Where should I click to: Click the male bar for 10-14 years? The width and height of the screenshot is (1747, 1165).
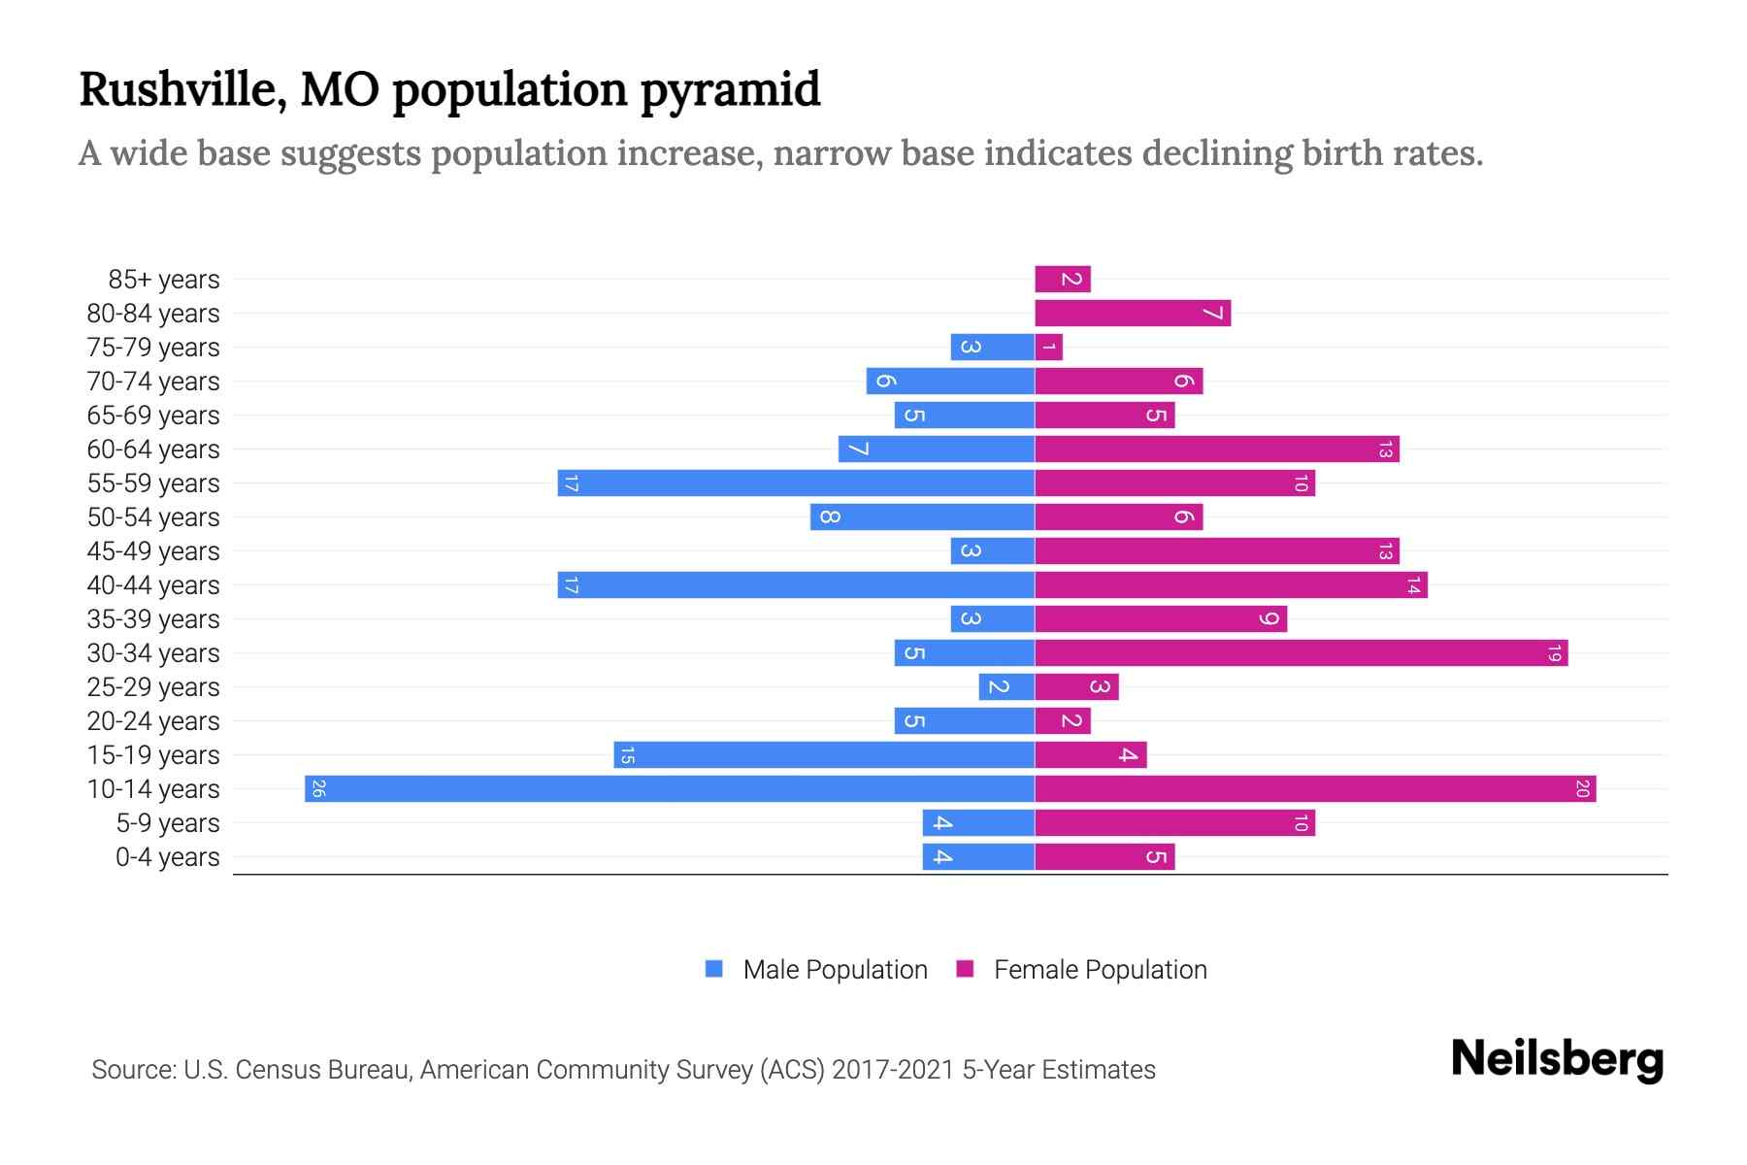[x=670, y=788]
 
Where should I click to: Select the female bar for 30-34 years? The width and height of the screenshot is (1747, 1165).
[x=1301, y=652]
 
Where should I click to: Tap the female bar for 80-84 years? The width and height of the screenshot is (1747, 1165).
[x=1133, y=313]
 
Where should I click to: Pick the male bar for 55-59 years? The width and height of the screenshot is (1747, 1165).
[x=796, y=483]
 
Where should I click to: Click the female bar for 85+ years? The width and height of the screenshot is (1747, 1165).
[x=1063, y=279]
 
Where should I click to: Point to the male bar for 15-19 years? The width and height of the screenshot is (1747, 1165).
[x=824, y=754]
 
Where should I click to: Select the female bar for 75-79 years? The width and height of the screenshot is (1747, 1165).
[x=1049, y=347]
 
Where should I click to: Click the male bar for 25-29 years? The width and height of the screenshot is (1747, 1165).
[x=1006, y=686]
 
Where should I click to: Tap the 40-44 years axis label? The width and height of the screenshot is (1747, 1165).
[x=153, y=585]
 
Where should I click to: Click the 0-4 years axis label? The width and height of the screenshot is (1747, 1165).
[x=167, y=857]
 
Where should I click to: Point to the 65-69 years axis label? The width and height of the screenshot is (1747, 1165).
[x=153, y=416]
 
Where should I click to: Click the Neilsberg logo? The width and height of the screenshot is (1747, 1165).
[x=1557, y=1059]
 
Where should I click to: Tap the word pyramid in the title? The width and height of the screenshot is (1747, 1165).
[x=730, y=90]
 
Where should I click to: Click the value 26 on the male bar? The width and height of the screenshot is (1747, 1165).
[x=318, y=788]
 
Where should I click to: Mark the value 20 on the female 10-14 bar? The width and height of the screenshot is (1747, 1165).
[x=1582, y=788]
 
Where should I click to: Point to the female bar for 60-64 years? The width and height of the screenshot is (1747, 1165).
[x=1217, y=449]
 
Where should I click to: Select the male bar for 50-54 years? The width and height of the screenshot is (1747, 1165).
[x=922, y=516]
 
